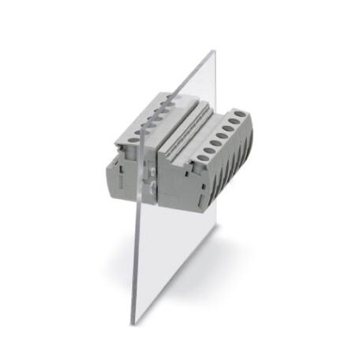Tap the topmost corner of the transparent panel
pyautogui.click(x=214, y=52)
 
